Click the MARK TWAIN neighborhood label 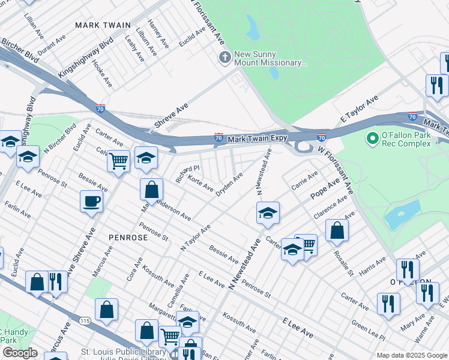tap(103, 25)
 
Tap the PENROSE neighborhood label tap(128, 238)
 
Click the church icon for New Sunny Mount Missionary tap(224, 58)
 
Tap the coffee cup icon tap(91, 202)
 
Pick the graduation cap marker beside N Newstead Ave tap(268, 212)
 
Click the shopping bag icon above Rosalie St tap(337, 229)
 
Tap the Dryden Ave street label tap(229, 185)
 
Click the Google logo tap(20, 353)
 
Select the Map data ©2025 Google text tap(411, 355)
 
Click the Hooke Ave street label tap(102, 73)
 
